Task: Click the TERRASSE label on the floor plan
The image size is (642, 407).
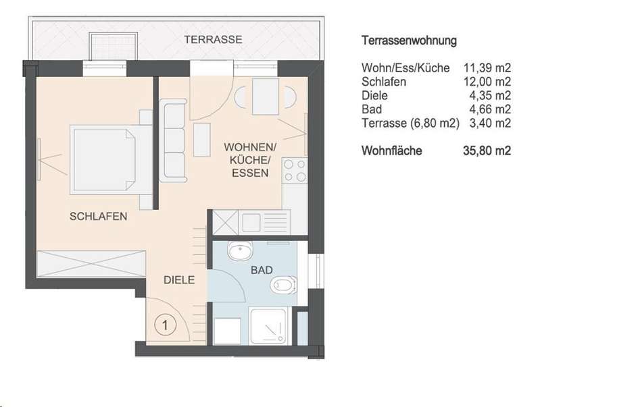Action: [213, 40]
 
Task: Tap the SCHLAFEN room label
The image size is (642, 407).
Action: [98, 216]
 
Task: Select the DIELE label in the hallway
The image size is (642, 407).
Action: [179, 280]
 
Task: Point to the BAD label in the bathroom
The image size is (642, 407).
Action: [262, 270]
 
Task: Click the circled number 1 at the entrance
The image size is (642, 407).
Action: [166, 325]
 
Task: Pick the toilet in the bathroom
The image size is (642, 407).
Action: [284, 285]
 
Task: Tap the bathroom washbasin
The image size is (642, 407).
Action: [241, 250]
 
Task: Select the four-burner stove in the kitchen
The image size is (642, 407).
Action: [295, 171]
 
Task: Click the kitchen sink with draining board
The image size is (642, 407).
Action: [265, 223]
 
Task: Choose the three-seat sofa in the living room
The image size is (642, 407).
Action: [173, 140]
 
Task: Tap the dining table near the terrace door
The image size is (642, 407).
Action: [266, 97]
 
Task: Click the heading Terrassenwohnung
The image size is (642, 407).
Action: [409, 41]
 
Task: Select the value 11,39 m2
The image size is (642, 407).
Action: [487, 68]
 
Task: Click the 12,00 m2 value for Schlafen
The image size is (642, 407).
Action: [487, 82]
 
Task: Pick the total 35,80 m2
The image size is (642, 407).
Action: [487, 151]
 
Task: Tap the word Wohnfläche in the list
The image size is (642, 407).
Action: [391, 151]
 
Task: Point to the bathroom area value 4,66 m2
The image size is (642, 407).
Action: [490, 109]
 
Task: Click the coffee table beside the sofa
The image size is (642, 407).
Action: [201, 140]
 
